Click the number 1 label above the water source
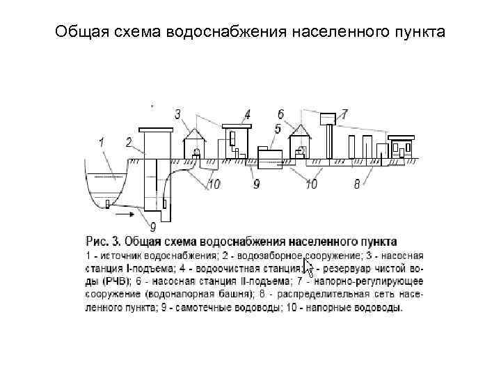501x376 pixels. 102,142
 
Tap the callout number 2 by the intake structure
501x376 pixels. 129,142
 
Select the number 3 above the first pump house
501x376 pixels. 178,114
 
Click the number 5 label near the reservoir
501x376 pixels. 278,129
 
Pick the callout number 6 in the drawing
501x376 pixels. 280,114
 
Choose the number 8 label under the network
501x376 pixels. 357,185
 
